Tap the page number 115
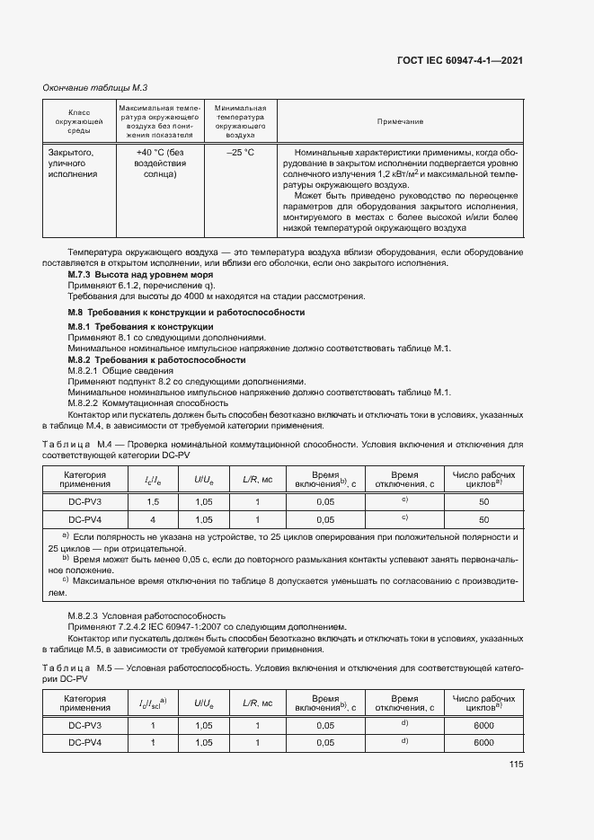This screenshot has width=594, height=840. pyautogui.click(x=515, y=765)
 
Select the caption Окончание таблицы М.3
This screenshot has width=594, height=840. pyautogui.click(x=95, y=87)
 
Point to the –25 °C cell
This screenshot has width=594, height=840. pyautogui.click(x=240, y=153)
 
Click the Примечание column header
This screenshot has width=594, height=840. pyautogui.click(x=400, y=121)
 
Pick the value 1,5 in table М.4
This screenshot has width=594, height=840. pyautogui.click(x=153, y=501)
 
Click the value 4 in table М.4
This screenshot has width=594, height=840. pyautogui.click(x=153, y=519)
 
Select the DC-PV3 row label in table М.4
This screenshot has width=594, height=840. pyautogui.click(x=85, y=501)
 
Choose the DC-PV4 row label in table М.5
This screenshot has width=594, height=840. pyautogui.click(x=85, y=743)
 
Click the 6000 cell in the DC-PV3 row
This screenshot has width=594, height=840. pyautogui.click(x=483, y=725)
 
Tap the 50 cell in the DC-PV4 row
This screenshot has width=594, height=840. pyautogui.click(x=483, y=519)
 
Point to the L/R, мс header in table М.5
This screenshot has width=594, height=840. pyautogui.click(x=257, y=703)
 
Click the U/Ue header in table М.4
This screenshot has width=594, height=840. pyautogui.click(x=204, y=479)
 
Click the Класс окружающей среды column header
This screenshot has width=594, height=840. pyautogui.click(x=76, y=121)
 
